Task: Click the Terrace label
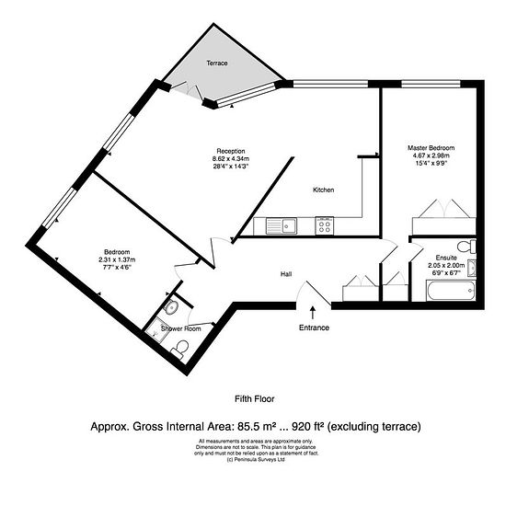coord(217,63)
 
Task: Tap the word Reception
coord(231,151)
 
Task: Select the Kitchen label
coord(323,190)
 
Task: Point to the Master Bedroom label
coord(431,148)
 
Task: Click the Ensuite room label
coord(446,258)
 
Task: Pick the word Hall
coord(286,274)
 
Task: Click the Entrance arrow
coord(313,313)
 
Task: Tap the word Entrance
coord(314,328)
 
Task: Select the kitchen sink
coord(282,225)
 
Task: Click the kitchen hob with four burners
coord(325,225)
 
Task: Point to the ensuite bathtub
coord(451,291)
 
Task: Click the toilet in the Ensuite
coord(466,247)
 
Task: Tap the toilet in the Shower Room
coord(180,349)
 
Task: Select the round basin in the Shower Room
coord(170,306)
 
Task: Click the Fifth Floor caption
coord(255,399)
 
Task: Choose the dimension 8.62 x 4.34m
coord(231,159)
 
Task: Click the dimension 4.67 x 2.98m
coord(431,155)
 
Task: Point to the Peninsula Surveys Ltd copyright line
coord(257,459)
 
